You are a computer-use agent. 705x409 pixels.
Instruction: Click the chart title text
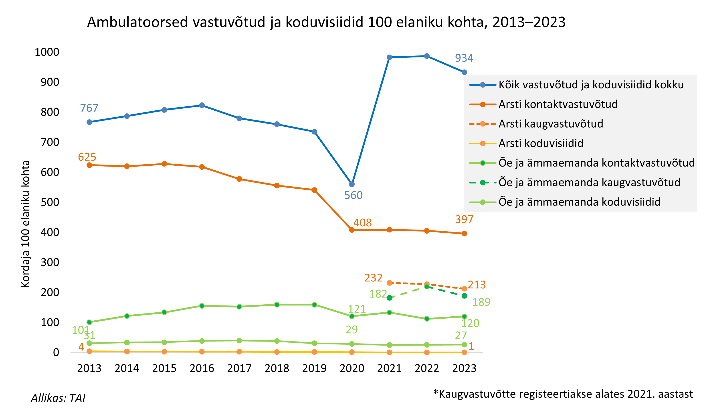(x=326, y=22)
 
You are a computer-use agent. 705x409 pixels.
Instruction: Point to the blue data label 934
(x=464, y=58)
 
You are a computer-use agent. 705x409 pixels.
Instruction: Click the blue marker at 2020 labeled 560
(x=352, y=184)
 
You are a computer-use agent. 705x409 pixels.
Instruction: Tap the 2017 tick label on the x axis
(x=239, y=368)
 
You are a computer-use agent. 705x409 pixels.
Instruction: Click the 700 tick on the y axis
(x=50, y=142)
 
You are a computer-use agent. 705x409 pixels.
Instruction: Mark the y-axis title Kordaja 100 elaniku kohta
(x=25, y=224)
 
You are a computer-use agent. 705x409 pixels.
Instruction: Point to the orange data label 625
(x=87, y=157)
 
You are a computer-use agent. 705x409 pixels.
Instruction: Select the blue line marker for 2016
(x=202, y=105)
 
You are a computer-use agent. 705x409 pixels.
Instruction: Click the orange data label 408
(x=362, y=223)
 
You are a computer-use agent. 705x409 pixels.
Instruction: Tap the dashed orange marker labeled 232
(x=389, y=283)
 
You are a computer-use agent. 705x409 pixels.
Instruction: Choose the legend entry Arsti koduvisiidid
(x=541, y=143)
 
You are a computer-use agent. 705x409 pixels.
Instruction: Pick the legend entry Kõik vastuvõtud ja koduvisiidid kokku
(x=591, y=85)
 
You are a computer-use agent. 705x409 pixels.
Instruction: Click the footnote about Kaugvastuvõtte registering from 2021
(x=563, y=394)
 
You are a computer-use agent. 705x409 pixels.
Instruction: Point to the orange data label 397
(x=464, y=220)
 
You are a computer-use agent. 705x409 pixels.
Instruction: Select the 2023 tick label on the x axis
(x=464, y=368)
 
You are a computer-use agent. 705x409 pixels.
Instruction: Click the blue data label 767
(x=89, y=108)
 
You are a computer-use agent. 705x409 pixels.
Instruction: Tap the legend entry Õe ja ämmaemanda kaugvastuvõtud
(x=589, y=183)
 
